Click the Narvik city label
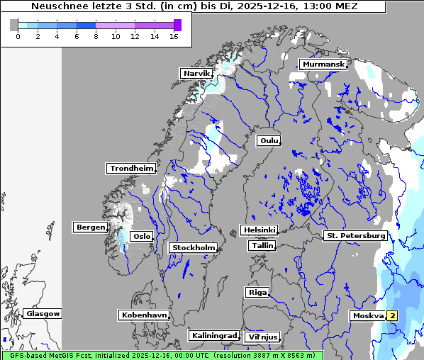196,73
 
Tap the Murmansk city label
323,64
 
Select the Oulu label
268,140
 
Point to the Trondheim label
130,168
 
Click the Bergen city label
89,227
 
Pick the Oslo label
142,236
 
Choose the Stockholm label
192,247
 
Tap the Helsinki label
259,230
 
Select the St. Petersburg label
355,235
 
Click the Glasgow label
43,313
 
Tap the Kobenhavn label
144,315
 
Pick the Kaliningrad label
213,335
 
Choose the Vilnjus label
262,337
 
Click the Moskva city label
367,315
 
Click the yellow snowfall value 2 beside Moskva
391,315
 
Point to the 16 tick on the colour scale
174,36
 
